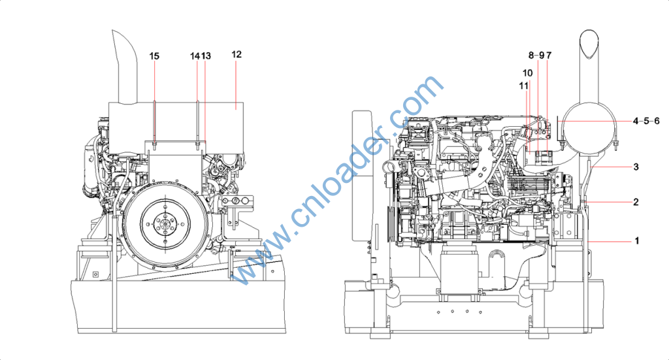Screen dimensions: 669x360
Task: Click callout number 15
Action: click(154, 56)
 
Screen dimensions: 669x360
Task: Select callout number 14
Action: click(195, 56)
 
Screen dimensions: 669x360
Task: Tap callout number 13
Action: click(206, 56)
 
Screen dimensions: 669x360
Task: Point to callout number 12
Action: click(237, 54)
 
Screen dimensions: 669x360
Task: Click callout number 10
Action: click(528, 73)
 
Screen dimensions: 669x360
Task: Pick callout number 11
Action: click(523, 86)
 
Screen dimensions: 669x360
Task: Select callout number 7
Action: click(549, 55)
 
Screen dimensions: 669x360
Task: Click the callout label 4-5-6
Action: click(646, 121)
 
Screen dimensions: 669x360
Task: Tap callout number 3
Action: click(636, 167)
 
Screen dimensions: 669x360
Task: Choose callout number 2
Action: click(636, 202)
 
